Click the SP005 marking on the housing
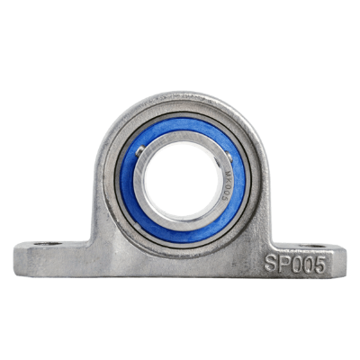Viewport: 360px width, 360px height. click(294, 264)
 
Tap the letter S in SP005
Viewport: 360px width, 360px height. click(271, 265)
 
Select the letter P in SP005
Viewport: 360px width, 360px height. click(283, 265)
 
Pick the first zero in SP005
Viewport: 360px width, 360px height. click(294, 264)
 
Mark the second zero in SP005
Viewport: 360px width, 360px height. click(306, 264)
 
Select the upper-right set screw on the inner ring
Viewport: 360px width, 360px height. click(209, 149)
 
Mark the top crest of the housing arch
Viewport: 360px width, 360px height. click(181, 94)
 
